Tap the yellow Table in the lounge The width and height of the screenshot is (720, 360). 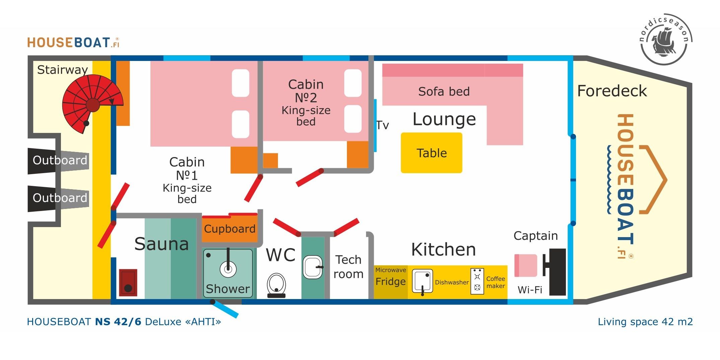pyautogui.click(x=431, y=153)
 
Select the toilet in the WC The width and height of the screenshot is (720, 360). pyautogui.click(x=276, y=285)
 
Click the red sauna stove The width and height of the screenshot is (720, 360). pyautogui.click(x=128, y=282)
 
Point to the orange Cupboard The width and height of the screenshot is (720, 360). pyautogui.click(x=230, y=229)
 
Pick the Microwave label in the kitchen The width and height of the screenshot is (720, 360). pyautogui.click(x=390, y=270)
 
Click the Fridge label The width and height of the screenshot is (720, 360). pyautogui.click(x=390, y=282)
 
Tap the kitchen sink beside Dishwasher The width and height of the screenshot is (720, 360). pyautogui.click(x=422, y=281)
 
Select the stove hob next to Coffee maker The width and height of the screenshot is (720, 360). pyautogui.click(x=477, y=281)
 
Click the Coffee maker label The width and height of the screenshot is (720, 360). pyautogui.click(x=496, y=282)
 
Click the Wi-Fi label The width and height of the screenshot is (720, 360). pyautogui.click(x=530, y=290)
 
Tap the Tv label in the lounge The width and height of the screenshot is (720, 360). pyautogui.click(x=382, y=126)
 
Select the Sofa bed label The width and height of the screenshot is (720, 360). pyautogui.click(x=444, y=91)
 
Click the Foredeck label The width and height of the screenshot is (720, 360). pyautogui.click(x=612, y=91)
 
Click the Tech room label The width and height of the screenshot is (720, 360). pyautogui.click(x=348, y=267)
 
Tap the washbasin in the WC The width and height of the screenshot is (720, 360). pyautogui.click(x=313, y=267)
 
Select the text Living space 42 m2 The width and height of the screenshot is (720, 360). pyautogui.click(x=645, y=322)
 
